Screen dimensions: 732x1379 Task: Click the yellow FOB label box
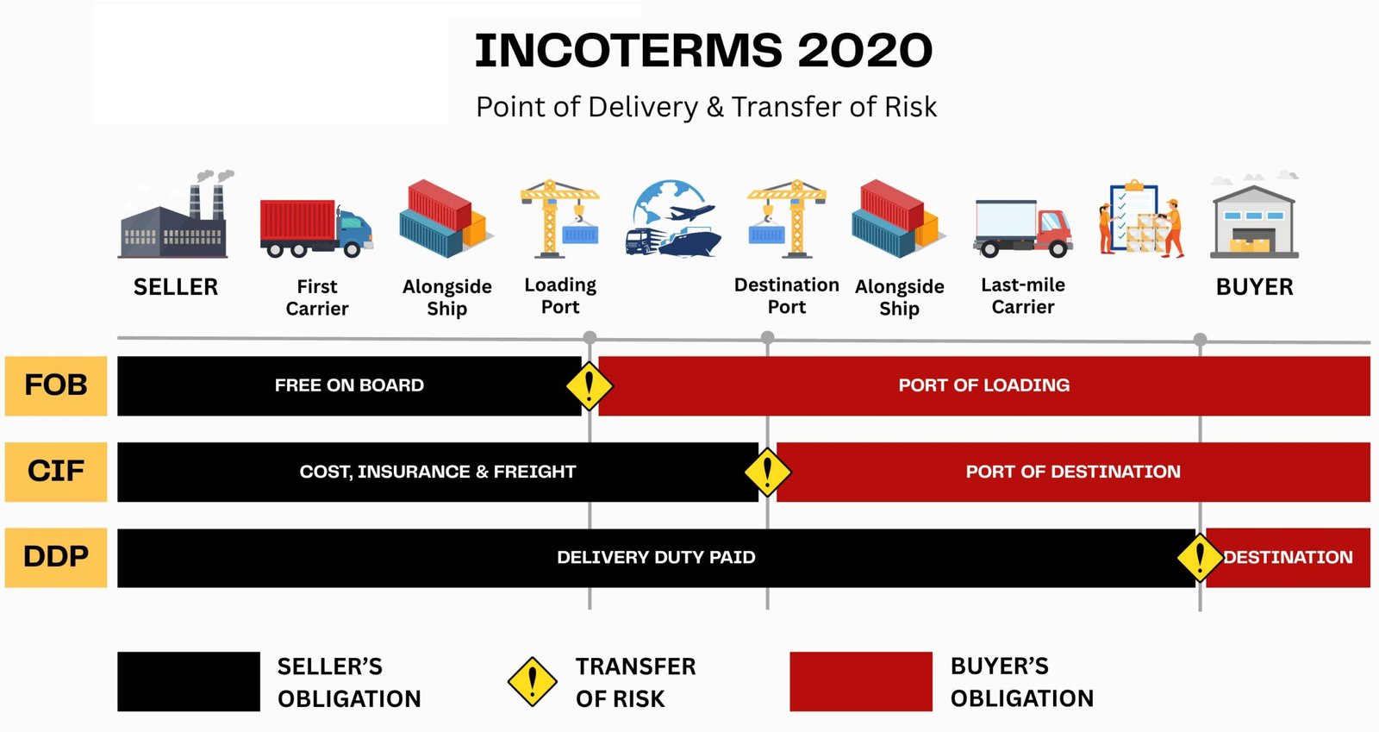(56, 385)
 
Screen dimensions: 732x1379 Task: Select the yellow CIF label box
(56, 472)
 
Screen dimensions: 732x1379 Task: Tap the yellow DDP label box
(56, 557)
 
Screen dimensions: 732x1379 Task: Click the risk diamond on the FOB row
(590, 386)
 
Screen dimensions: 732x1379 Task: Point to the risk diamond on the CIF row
(767, 472)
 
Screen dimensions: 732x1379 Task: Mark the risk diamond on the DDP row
(1200, 557)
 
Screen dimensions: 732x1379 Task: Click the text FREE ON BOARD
(349, 385)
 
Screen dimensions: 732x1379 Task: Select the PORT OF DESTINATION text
(1073, 472)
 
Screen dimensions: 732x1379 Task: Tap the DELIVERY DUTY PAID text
(656, 557)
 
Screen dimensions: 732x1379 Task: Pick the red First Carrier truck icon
(315, 228)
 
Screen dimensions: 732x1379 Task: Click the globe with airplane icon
(672, 218)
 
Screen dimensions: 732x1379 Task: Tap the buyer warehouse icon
(1254, 221)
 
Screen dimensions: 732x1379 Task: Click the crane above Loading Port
(560, 218)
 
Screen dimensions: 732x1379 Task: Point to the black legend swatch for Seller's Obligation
(189, 681)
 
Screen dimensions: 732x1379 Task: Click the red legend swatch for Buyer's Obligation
(861, 681)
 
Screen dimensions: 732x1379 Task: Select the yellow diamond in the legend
(533, 682)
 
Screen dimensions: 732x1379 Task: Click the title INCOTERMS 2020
(703, 51)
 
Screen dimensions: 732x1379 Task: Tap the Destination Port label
(786, 296)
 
